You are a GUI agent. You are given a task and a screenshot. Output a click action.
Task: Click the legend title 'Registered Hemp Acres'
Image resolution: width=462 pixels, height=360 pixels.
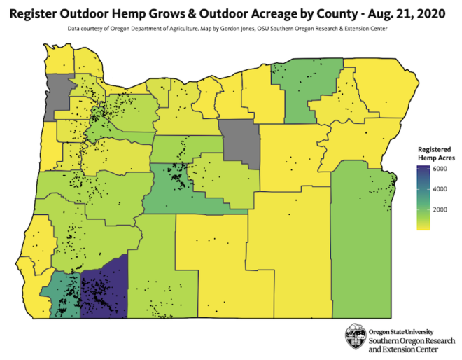point(436,154)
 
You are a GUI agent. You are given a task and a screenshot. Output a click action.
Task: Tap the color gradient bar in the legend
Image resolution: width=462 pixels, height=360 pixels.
point(423,197)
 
